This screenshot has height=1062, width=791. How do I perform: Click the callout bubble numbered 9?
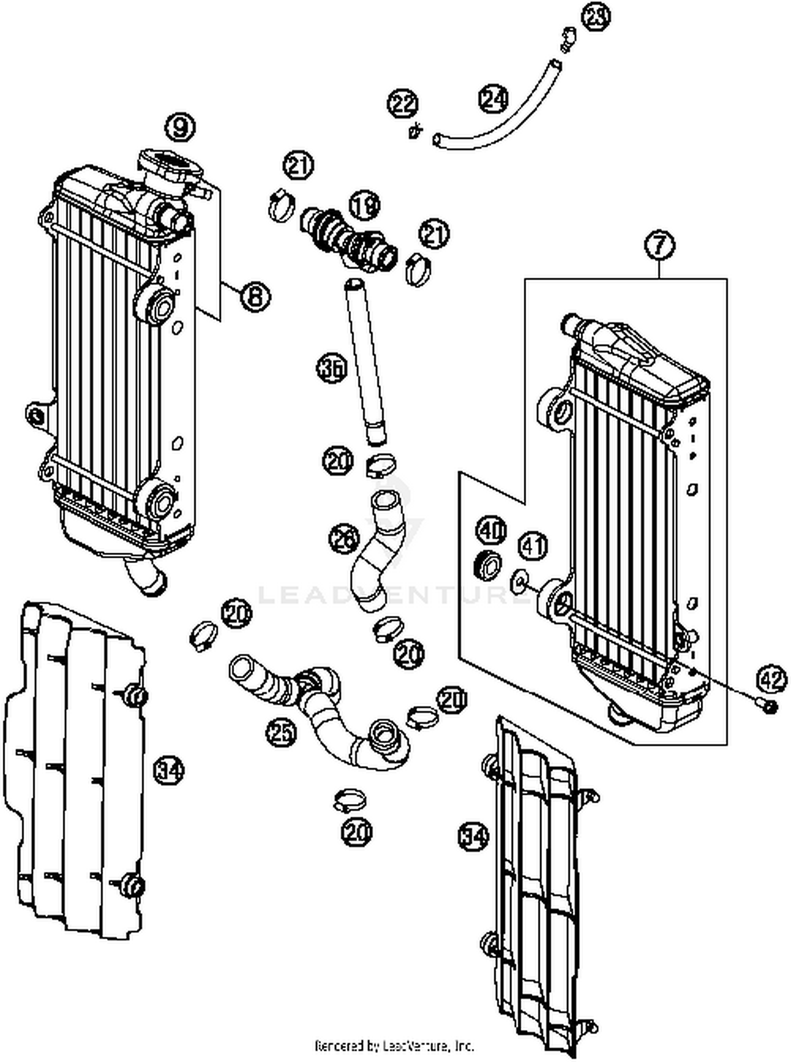coord(180,127)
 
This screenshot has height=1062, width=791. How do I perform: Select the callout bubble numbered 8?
coord(255,296)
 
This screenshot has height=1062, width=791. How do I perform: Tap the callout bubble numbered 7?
coord(660,245)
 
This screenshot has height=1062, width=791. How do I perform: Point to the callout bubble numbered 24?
coord(494,99)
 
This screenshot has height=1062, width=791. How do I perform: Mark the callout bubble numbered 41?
coord(533,546)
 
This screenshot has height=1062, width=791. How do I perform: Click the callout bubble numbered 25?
coord(281,732)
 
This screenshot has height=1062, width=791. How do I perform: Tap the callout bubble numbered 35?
coord(333,368)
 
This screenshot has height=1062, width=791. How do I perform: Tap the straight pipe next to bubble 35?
coord(365,359)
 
